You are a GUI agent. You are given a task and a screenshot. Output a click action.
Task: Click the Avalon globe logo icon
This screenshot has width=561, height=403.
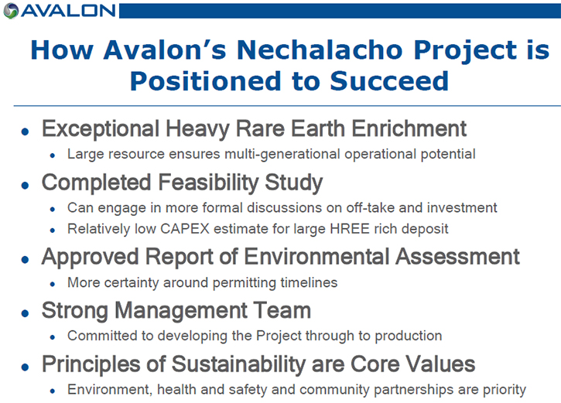pos(11,11)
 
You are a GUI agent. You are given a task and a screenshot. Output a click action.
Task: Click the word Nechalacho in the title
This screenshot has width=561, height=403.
pos(320,50)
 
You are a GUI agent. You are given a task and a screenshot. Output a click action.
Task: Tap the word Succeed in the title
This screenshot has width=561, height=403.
pos(389,81)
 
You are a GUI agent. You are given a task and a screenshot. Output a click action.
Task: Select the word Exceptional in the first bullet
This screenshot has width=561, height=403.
pos(101,128)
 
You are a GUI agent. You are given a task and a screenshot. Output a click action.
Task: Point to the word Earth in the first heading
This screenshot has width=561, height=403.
pos(318,128)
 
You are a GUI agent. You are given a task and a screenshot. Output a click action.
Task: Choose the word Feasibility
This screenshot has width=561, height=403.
pos(208,183)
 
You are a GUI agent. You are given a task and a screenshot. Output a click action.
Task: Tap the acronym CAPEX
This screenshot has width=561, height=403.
pos(185,228)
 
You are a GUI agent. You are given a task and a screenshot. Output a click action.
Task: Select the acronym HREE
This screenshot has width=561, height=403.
pos(350,228)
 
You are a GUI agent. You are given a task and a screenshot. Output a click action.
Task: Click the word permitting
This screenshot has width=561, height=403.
pos(245,282)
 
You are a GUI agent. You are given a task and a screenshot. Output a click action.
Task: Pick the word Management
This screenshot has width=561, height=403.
pos(180,310)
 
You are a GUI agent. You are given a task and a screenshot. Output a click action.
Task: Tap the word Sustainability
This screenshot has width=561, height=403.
pos(238,364)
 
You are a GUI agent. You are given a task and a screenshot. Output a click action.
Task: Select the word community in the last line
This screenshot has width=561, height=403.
pos(334,389)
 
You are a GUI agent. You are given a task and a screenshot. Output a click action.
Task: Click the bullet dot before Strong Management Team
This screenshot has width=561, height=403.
pos(25,313)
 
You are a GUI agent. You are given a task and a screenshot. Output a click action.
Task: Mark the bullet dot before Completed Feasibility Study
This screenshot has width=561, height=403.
pos(25,185)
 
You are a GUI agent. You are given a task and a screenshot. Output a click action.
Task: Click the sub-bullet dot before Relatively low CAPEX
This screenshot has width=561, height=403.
pos(53,231)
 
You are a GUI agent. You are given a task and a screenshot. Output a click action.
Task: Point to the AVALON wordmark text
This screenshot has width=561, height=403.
pos(68,11)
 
